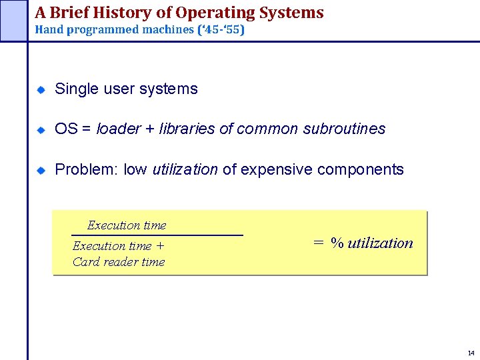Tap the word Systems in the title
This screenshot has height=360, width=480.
pos(294,13)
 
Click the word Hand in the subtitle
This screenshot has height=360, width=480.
pos(48,30)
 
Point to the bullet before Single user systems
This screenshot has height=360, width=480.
pos(41,89)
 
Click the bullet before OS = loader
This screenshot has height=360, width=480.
pos(41,129)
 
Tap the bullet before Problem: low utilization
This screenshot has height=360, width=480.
pos(41,170)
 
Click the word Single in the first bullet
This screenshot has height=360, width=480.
pos(76,89)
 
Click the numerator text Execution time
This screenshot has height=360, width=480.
pos(127,225)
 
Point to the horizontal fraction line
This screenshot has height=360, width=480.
pos(157,235)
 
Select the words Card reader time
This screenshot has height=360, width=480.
pos(119,262)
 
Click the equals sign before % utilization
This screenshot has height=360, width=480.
pos(319,243)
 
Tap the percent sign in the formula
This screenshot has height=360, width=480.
pos(337,243)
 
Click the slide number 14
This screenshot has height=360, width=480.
pos(471,353)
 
